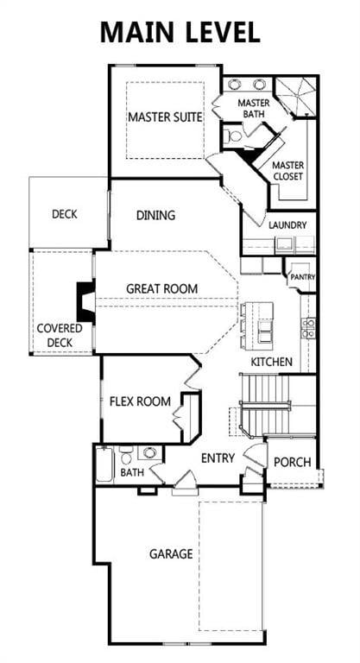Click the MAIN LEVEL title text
tap(180, 32)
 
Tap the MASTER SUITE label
tap(166, 117)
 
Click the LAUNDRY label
tap(287, 225)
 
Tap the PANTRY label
tap(303, 277)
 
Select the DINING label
tap(155, 216)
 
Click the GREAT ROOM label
tap(162, 288)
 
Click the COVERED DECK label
tap(60, 335)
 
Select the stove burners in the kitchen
tap(308, 326)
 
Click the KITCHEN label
tap(271, 362)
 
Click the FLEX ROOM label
tap(139, 401)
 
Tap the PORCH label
tap(292, 462)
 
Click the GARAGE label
tap(170, 553)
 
